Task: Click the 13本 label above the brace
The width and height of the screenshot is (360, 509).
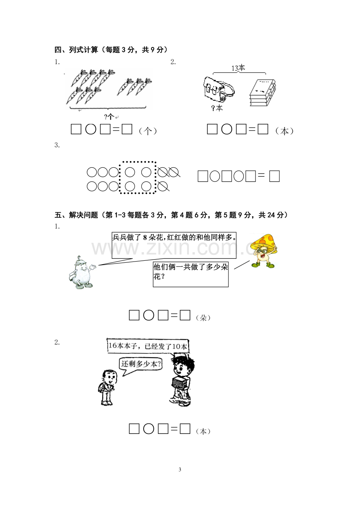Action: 238,68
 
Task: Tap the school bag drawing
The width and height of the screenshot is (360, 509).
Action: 219,90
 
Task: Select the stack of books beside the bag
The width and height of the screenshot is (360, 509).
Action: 263,93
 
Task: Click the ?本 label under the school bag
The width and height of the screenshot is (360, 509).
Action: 217,108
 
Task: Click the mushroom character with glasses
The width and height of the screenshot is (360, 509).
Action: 265,250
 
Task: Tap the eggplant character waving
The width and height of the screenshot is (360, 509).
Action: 81,272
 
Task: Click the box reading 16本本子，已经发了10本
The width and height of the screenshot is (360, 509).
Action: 148,346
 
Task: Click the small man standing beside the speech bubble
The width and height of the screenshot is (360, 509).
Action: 107,387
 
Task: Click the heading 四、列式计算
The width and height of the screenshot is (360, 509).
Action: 76,50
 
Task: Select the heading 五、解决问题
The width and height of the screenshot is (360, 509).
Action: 76,215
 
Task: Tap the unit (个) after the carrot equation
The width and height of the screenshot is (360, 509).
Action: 148,131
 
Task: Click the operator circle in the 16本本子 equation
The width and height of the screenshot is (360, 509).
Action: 149,429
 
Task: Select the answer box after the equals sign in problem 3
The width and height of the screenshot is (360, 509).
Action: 274,176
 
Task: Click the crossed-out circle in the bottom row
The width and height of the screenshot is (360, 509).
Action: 163,186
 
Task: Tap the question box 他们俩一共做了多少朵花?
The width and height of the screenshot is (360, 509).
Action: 191,274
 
